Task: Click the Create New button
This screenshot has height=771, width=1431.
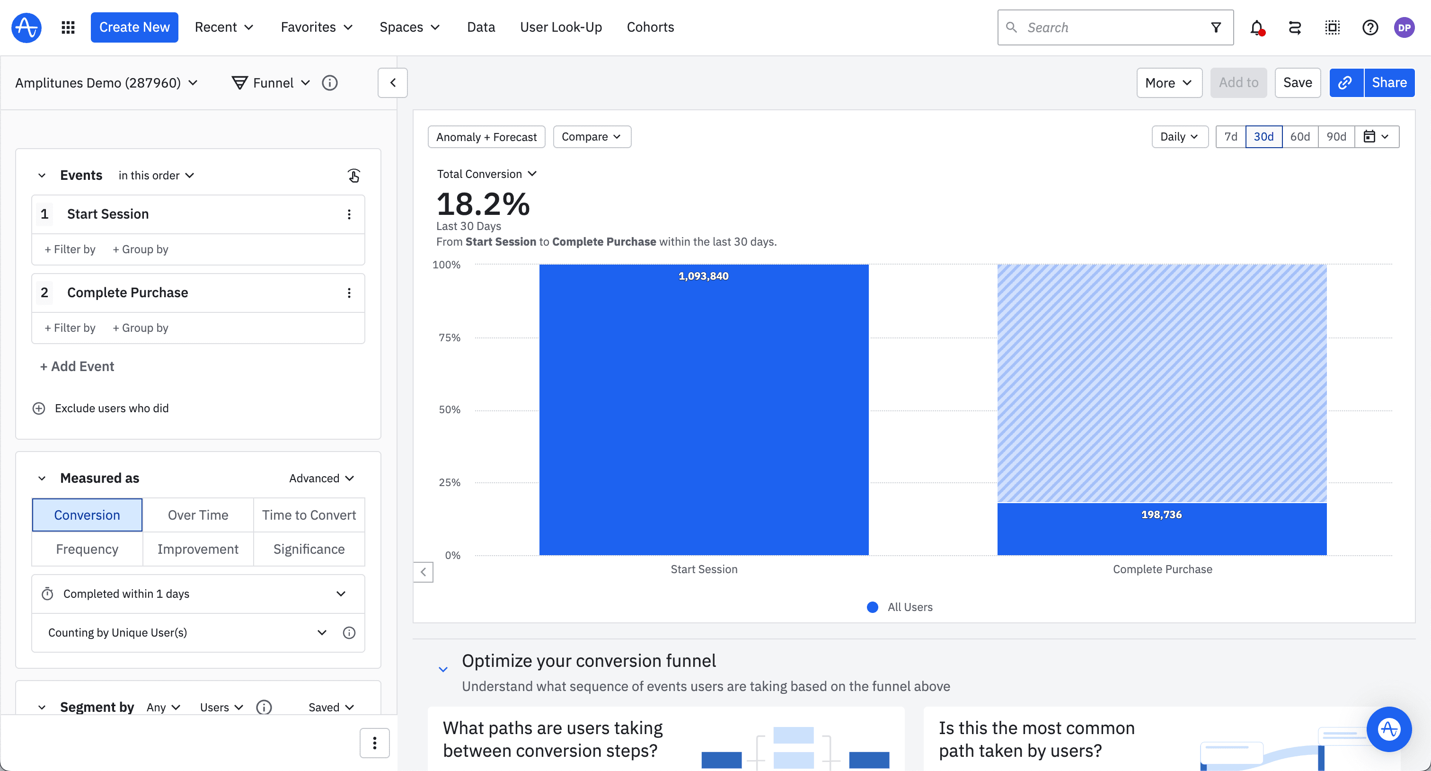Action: (134, 27)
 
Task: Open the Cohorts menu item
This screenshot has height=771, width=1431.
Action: (650, 27)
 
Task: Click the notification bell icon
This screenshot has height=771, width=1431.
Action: (1256, 27)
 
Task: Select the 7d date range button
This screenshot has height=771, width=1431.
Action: (1230, 137)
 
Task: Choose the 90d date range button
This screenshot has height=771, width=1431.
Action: (1336, 137)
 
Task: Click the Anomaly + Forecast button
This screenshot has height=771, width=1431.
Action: (486, 137)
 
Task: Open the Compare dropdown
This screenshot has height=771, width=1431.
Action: (591, 137)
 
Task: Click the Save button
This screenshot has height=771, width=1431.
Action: (1297, 83)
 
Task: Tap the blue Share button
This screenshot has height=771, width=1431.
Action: (1389, 83)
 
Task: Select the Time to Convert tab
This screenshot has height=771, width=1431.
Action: (309, 515)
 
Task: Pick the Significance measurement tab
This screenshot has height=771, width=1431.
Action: (309, 549)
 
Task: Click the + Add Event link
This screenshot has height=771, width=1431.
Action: (77, 366)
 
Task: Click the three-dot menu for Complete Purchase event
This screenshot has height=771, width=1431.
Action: (349, 293)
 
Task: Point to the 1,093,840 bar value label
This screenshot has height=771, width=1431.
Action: (703, 276)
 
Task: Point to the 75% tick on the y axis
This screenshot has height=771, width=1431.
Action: (450, 337)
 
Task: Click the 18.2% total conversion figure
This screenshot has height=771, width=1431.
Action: (483, 204)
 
